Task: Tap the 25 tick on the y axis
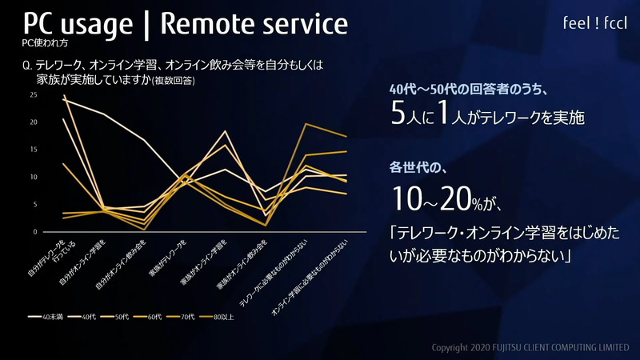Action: point(33,95)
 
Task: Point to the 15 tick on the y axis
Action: point(33,150)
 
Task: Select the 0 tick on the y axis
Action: point(34,231)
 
